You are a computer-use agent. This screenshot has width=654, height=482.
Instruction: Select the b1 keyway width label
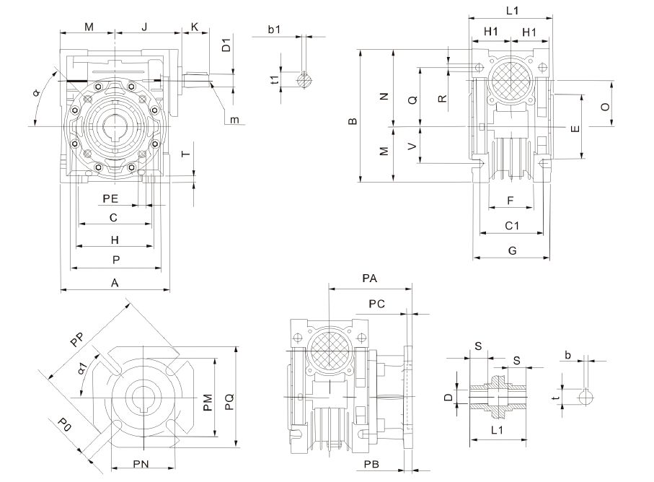tap(274, 30)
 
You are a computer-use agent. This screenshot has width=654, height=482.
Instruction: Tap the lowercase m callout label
tap(234, 119)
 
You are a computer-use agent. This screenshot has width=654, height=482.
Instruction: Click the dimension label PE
tap(110, 197)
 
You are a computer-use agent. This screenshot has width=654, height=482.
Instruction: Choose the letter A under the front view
tap(115, 284)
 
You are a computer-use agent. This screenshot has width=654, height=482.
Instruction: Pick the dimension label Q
tap(412, 102)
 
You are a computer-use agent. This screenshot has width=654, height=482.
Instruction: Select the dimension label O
tap(606, 106)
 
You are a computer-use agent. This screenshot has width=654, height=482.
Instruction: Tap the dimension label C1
tap(513, 227)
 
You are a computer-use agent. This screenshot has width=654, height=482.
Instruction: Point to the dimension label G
tap(512, 250)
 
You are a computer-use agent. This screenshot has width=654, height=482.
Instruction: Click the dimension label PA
tap(371, 279)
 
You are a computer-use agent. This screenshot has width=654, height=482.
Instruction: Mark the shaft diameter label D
tap(448, 398)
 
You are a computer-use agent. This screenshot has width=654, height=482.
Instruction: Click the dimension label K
tap(194, 27)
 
